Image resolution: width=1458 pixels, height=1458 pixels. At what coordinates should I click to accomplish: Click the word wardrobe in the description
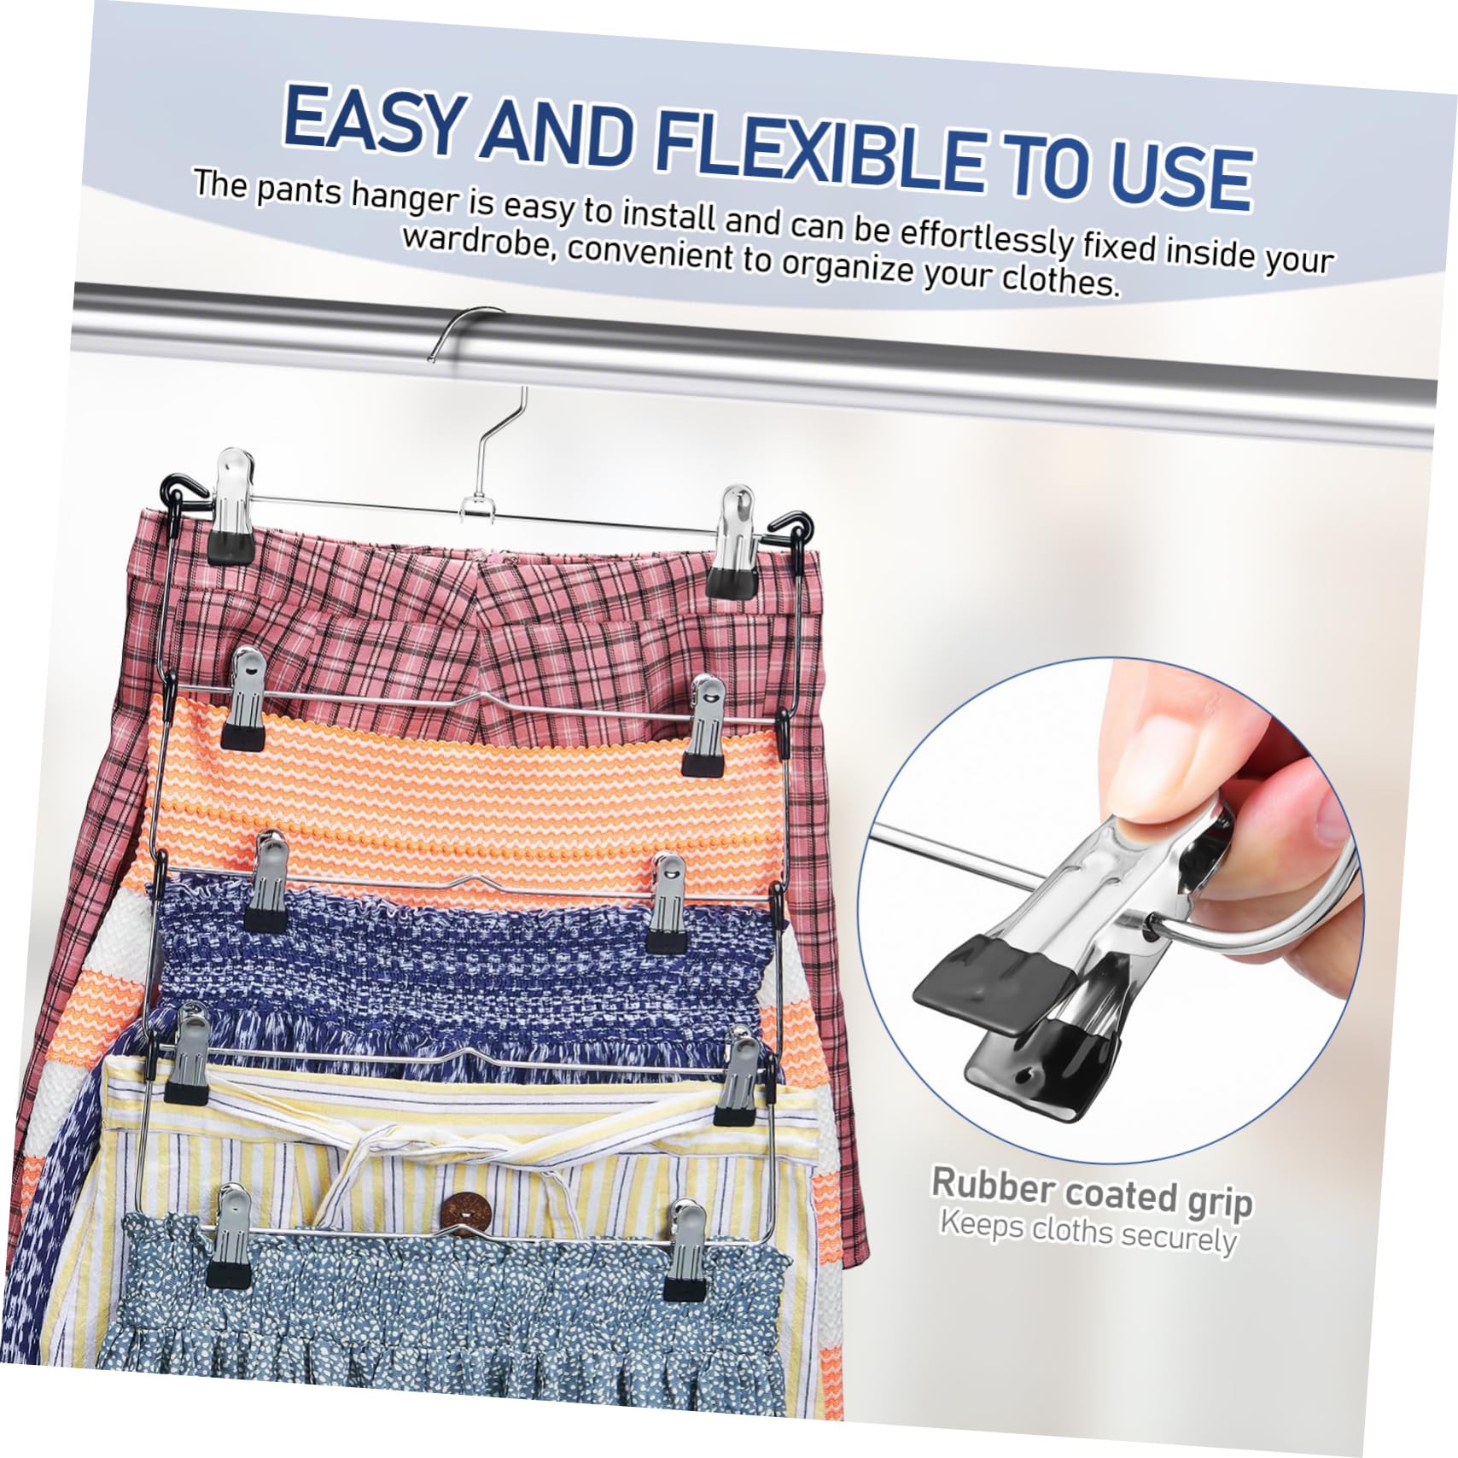(479, 243)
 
